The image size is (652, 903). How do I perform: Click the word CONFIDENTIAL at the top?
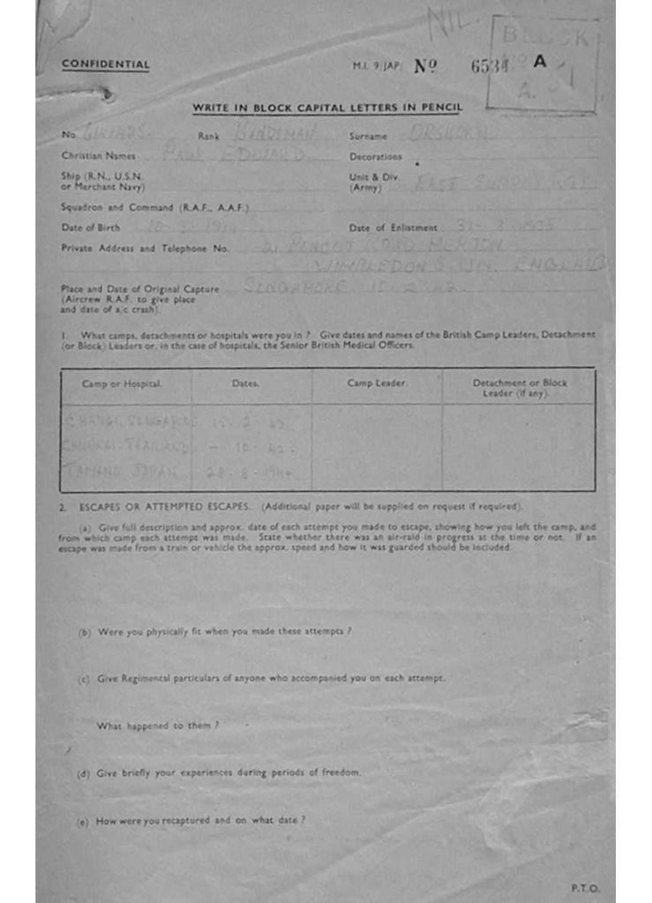coord(105,64)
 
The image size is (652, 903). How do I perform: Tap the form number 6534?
coord(490,66)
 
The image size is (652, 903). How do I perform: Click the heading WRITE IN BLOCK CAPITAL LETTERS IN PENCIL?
coord(327,108)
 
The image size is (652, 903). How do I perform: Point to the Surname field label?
coord(368,137)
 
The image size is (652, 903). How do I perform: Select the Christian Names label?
coord(98,155)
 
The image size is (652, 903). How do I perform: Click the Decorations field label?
coord(375,157)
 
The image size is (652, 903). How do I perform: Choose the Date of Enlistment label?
coord(393,228)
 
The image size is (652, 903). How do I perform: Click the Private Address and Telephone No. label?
coord(145,249)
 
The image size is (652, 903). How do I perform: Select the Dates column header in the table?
coord(245,384)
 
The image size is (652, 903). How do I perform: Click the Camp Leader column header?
coord(377,384)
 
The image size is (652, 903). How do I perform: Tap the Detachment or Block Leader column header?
coord(520,388)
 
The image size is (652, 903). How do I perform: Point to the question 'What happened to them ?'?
coord(157,726)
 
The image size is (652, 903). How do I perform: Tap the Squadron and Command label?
coord(155,207)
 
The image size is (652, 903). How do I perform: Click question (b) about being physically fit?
coord(216,631)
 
